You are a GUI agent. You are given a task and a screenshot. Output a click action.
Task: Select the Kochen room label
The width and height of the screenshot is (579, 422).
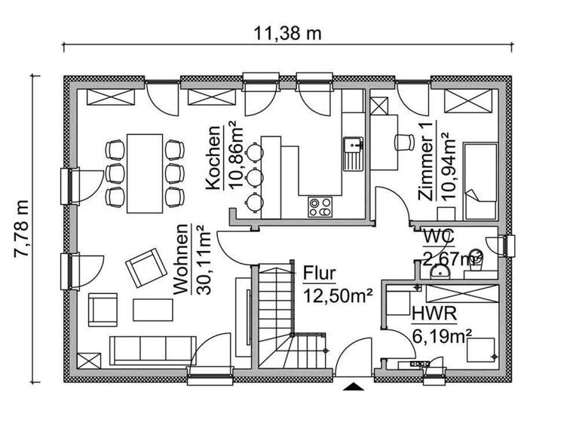click(x=213, y=157)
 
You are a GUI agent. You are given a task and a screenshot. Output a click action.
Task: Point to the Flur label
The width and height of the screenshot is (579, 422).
click(x=319, y=272)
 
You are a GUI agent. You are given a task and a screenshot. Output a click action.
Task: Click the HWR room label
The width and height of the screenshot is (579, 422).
click(x=427, y=311)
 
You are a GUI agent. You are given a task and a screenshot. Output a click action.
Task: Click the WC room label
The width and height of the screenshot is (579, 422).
click(x=437, y=236)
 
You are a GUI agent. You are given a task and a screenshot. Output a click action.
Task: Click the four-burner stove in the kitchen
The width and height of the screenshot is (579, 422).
click(x=320, y=206)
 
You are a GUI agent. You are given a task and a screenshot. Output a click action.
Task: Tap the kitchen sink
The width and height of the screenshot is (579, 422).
click(x=352, y=154)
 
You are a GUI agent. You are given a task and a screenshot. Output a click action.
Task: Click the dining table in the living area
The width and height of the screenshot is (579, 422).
click(x=145, y=173)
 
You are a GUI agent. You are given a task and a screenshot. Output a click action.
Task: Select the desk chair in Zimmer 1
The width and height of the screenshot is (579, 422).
click(x=404, y=141)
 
